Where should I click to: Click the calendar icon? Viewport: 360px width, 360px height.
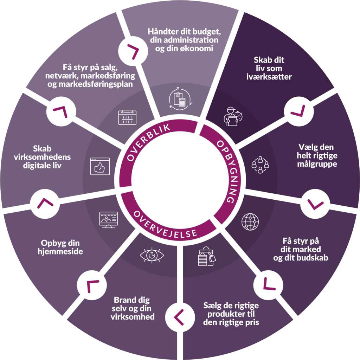pyautogui.click(x=127, y=117)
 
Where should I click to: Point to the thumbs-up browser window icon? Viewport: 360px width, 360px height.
pyautogui.click(x=100, y=166)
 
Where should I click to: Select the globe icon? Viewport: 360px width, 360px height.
pyautogui.click(x=250, y=222)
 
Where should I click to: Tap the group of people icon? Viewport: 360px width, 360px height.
pyautogui.click(x=260, y=165)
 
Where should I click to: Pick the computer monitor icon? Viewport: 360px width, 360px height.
pyautogui.click(x=108, y=220)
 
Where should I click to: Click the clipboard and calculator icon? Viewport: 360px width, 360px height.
pyautogui.click(x=180, y=99)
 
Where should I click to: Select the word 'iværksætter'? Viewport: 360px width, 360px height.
pyautogui.click(x=269, y=77)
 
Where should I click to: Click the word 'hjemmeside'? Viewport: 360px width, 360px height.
pyautogui.click(x=60, y=251)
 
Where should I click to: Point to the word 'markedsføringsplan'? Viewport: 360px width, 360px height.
pyautogui.click(x=90, y=84)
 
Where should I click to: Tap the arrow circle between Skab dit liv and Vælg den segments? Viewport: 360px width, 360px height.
pyautogui.click(x=299, y=111)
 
